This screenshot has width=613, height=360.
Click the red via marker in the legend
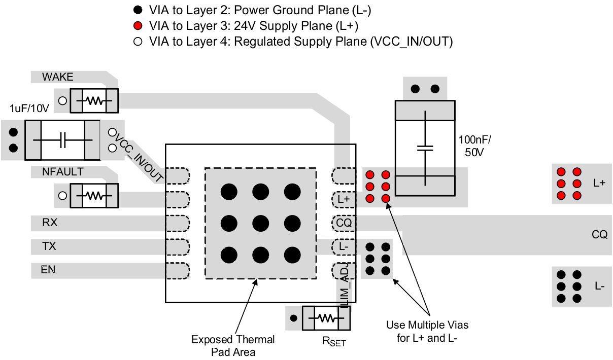(x=138, y=26)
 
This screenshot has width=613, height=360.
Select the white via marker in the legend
(x=138, y=42)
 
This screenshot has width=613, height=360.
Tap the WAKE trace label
(x=58, y=77)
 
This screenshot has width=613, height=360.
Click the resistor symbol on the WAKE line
(x=94, y=101)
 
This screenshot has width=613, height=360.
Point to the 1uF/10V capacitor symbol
(x=62, y=140)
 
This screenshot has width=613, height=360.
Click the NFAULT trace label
(x=63, y=172)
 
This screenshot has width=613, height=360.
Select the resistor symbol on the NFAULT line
(x=94, y=195)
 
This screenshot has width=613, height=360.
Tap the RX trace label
(x=50, y=222)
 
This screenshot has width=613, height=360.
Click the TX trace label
(x=49, y=246)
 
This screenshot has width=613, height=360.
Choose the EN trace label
(x=48, y=270)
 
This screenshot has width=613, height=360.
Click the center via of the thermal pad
(x=260, y=223)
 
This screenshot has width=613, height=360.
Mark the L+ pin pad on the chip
(x=344, y=199)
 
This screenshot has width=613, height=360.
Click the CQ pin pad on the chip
(x=344, y=223)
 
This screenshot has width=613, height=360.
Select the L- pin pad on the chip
(x=344, y=246)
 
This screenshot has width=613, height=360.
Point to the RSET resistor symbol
(x=327, y=318)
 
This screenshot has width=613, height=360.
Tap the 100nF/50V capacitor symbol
(x=425, y=148)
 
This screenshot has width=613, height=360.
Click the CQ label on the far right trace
(x=599, y=235)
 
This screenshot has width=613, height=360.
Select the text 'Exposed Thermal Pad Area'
(x=233, y=345)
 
